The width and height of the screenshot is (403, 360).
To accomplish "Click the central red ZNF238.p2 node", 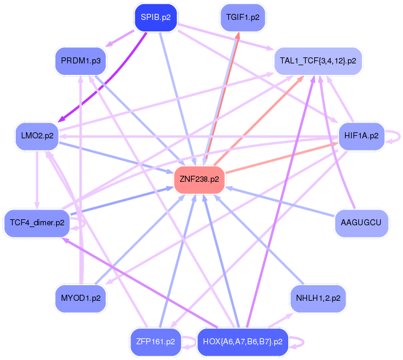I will click(x=199, y=179).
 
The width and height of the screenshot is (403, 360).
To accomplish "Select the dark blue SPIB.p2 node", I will click(x=155, y=18).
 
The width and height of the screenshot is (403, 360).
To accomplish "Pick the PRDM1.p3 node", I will click(x=80, y=61).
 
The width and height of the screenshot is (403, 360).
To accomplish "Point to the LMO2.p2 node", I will click(x=37, y=136).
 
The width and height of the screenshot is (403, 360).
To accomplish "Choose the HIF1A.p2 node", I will click(x=360, y=136).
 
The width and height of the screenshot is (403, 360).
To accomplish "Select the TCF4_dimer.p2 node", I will click(x=37, y=223).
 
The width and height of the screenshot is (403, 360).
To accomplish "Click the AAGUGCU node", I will click(x=361, y=223).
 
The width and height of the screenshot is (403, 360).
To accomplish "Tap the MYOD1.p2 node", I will click(x=80, y=298).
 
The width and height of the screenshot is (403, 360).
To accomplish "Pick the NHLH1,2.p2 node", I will click(x=318, y=298).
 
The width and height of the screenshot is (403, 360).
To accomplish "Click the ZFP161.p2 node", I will click(x=155, y=342).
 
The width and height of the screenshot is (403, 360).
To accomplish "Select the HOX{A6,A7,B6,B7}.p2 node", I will click(x=242, y=342).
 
